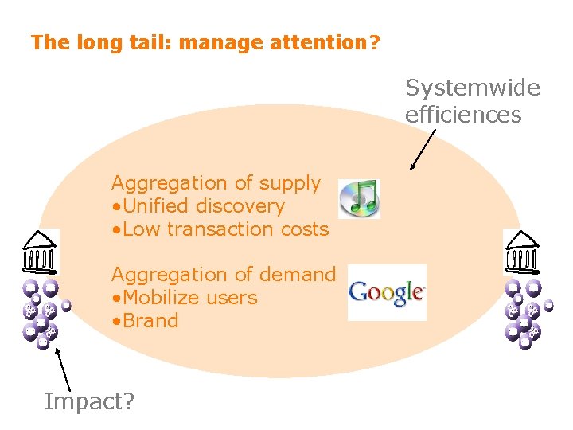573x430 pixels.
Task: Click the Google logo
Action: pyautogui.click(x=387, y=292)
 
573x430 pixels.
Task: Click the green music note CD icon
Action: pyautogui.click(x=359, y=198)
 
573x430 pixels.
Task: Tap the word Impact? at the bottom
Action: pyautogui.click(x=89, y=401)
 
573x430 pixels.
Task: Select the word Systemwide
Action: pyautogui.click(x=473, y=88)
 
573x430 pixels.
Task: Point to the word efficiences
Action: pyautogui.click(x=463, y=115)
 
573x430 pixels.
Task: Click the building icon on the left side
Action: pyautogui.click(x=39, y=251)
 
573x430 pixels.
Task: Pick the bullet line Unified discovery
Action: pyautogui.click(x=198, y=205)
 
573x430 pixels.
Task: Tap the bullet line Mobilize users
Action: pyautogui.click(x=185, y=297)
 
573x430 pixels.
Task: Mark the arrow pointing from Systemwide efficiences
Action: pyautogui.click(x=423, y=150)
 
